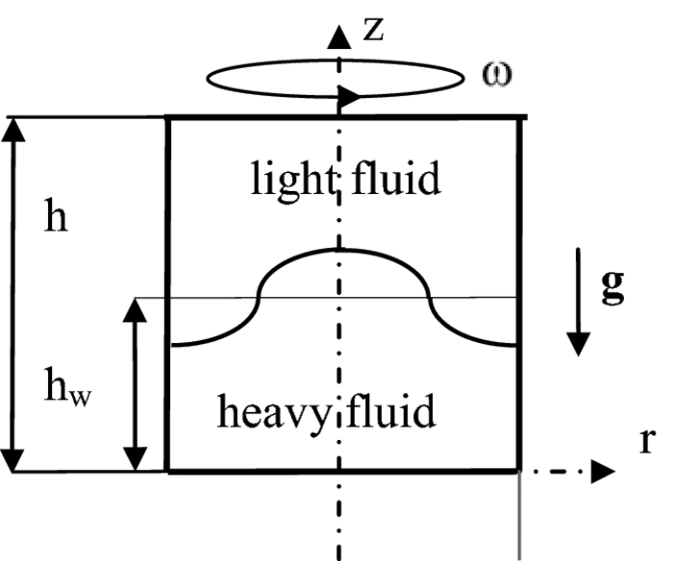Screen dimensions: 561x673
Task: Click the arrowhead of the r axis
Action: click(x=603, y=472)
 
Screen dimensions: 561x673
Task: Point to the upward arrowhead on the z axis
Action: click(x=337, y=37)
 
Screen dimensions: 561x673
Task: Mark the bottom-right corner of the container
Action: click(x=519, y=471)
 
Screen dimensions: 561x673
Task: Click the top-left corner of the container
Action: click(x=169, y=118)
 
